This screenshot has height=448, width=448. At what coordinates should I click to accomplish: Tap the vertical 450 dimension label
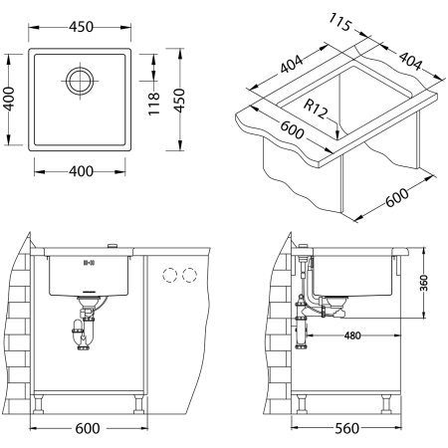(x=179, y=100)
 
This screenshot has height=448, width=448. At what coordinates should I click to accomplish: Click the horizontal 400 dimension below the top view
(x=81, y=171)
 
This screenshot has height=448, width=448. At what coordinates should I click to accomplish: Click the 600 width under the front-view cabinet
(x=89, y=430)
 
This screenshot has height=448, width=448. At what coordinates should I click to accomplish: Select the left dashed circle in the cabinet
(x=168, y=274)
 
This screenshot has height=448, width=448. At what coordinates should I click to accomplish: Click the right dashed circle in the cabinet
(x=189, y=274)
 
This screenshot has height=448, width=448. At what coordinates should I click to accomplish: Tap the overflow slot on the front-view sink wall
(x=89, y=264)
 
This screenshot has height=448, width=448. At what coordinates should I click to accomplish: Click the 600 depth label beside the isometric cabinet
(x=395, y=196)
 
